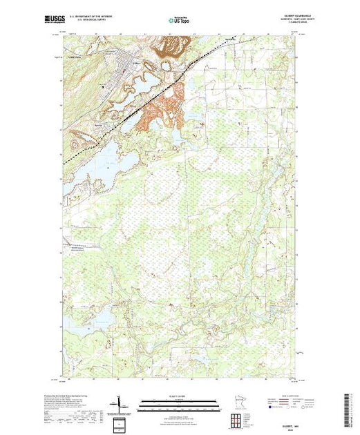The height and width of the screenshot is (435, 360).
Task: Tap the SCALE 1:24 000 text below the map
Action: (x=179, y=396)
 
